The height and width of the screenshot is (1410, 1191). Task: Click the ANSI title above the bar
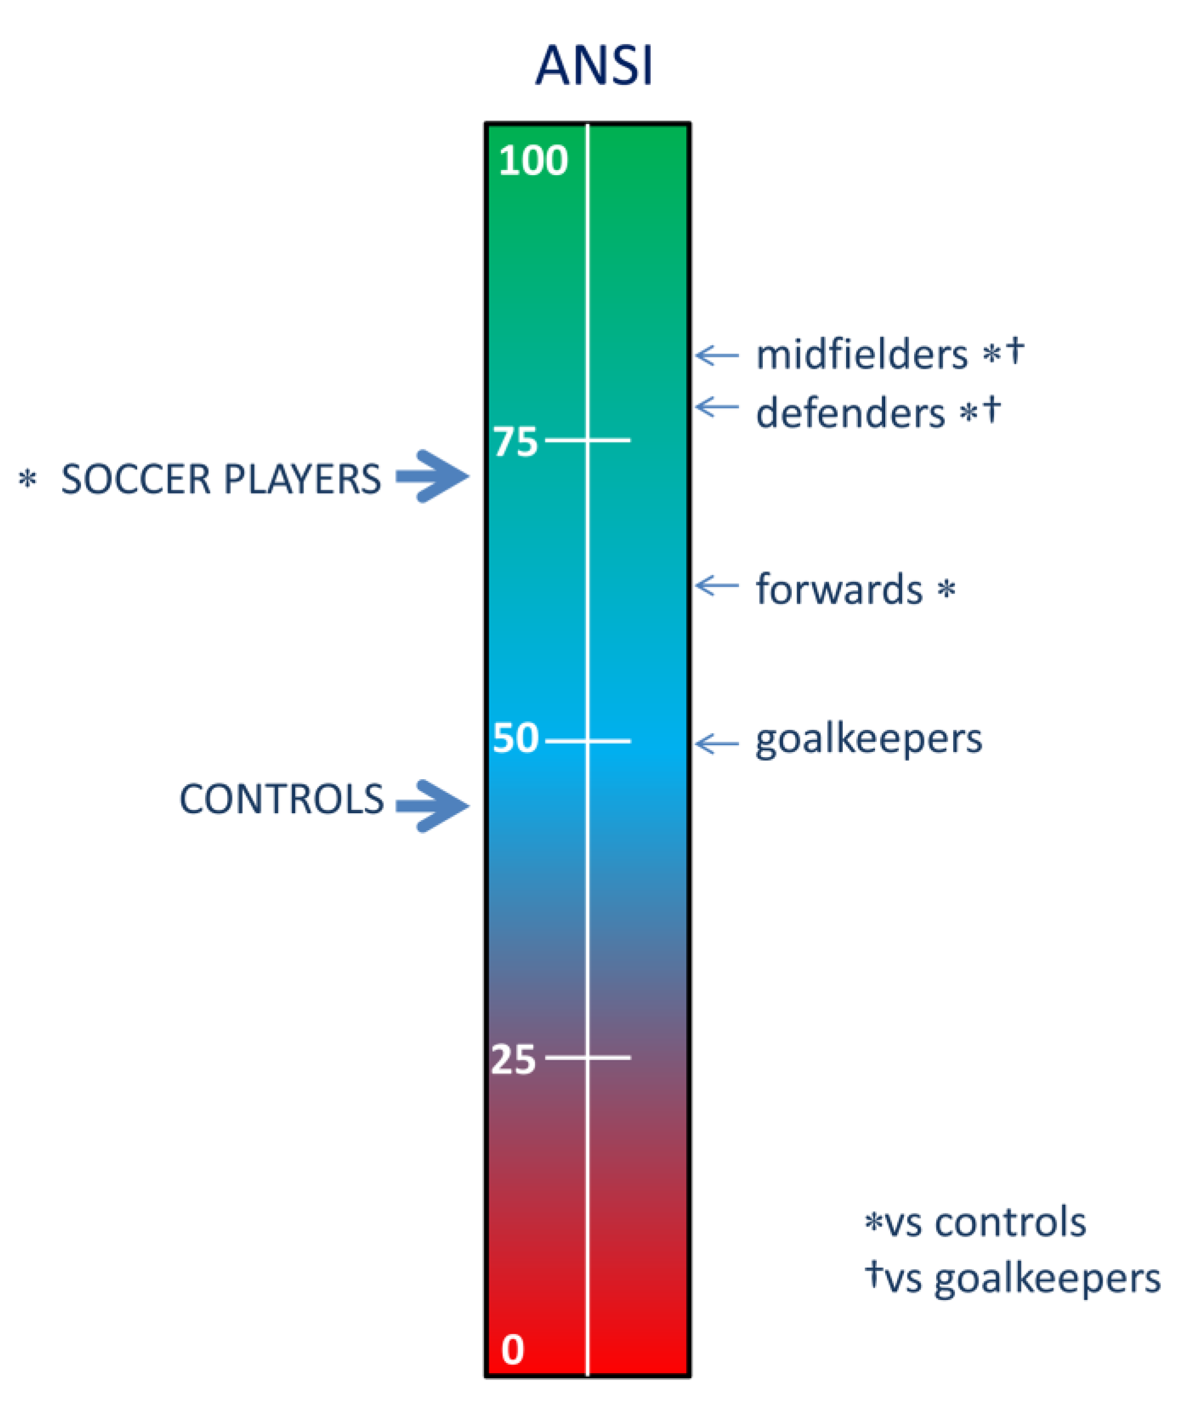594,66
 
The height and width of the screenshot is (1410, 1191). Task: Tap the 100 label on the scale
533,161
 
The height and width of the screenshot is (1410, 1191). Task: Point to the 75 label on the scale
516,443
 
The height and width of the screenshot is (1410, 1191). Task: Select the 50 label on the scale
516,738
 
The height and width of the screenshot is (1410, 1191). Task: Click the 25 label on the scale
514,1059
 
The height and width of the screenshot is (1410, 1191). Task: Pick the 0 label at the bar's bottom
513,1350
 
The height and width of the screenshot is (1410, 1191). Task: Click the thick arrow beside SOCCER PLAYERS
432,476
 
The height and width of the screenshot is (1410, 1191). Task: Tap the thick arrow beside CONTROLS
432,805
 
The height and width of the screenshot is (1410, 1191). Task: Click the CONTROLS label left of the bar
281,799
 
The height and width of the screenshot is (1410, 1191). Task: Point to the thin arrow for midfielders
717,355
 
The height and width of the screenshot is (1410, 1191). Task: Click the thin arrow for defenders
717,407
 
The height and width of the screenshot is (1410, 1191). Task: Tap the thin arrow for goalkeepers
717,744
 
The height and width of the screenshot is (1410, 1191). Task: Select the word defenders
850,413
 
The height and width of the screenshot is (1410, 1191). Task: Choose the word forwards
839,590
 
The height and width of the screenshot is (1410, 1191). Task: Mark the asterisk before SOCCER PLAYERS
27,479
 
